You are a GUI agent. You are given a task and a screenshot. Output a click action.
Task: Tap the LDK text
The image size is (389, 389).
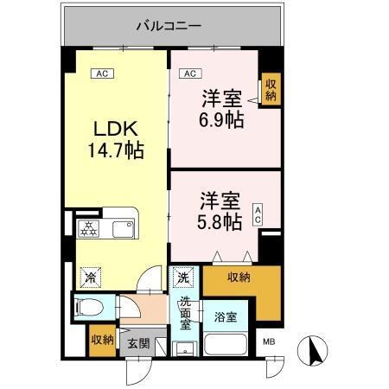[x=113, y=129]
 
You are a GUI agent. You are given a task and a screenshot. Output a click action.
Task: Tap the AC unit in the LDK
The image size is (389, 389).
[x=101, y=74]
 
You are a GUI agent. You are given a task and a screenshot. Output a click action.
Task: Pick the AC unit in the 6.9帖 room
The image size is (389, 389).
[x=190, y=74]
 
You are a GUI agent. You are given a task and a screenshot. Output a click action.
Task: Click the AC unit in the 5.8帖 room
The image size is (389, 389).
[x=258, y=215]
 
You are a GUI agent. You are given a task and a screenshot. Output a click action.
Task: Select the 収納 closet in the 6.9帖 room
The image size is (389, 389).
[x=271, y=89]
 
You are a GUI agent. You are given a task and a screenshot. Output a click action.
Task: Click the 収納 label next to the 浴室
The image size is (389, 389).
[x=239, y=277]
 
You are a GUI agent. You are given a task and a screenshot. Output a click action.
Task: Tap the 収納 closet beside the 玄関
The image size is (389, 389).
[x=102, y=340]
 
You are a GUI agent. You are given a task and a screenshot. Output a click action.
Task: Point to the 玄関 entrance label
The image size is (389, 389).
[x=138, y=343]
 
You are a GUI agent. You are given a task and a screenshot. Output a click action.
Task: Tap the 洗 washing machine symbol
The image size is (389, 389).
[x=183, y=278]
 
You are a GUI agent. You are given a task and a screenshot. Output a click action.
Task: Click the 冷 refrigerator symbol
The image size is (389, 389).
[x=90, y=277]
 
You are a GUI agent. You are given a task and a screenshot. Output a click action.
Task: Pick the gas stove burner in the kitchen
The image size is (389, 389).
[x=89, y=229]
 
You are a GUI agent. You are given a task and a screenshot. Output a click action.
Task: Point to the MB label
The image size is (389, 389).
[x=270, y=343]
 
